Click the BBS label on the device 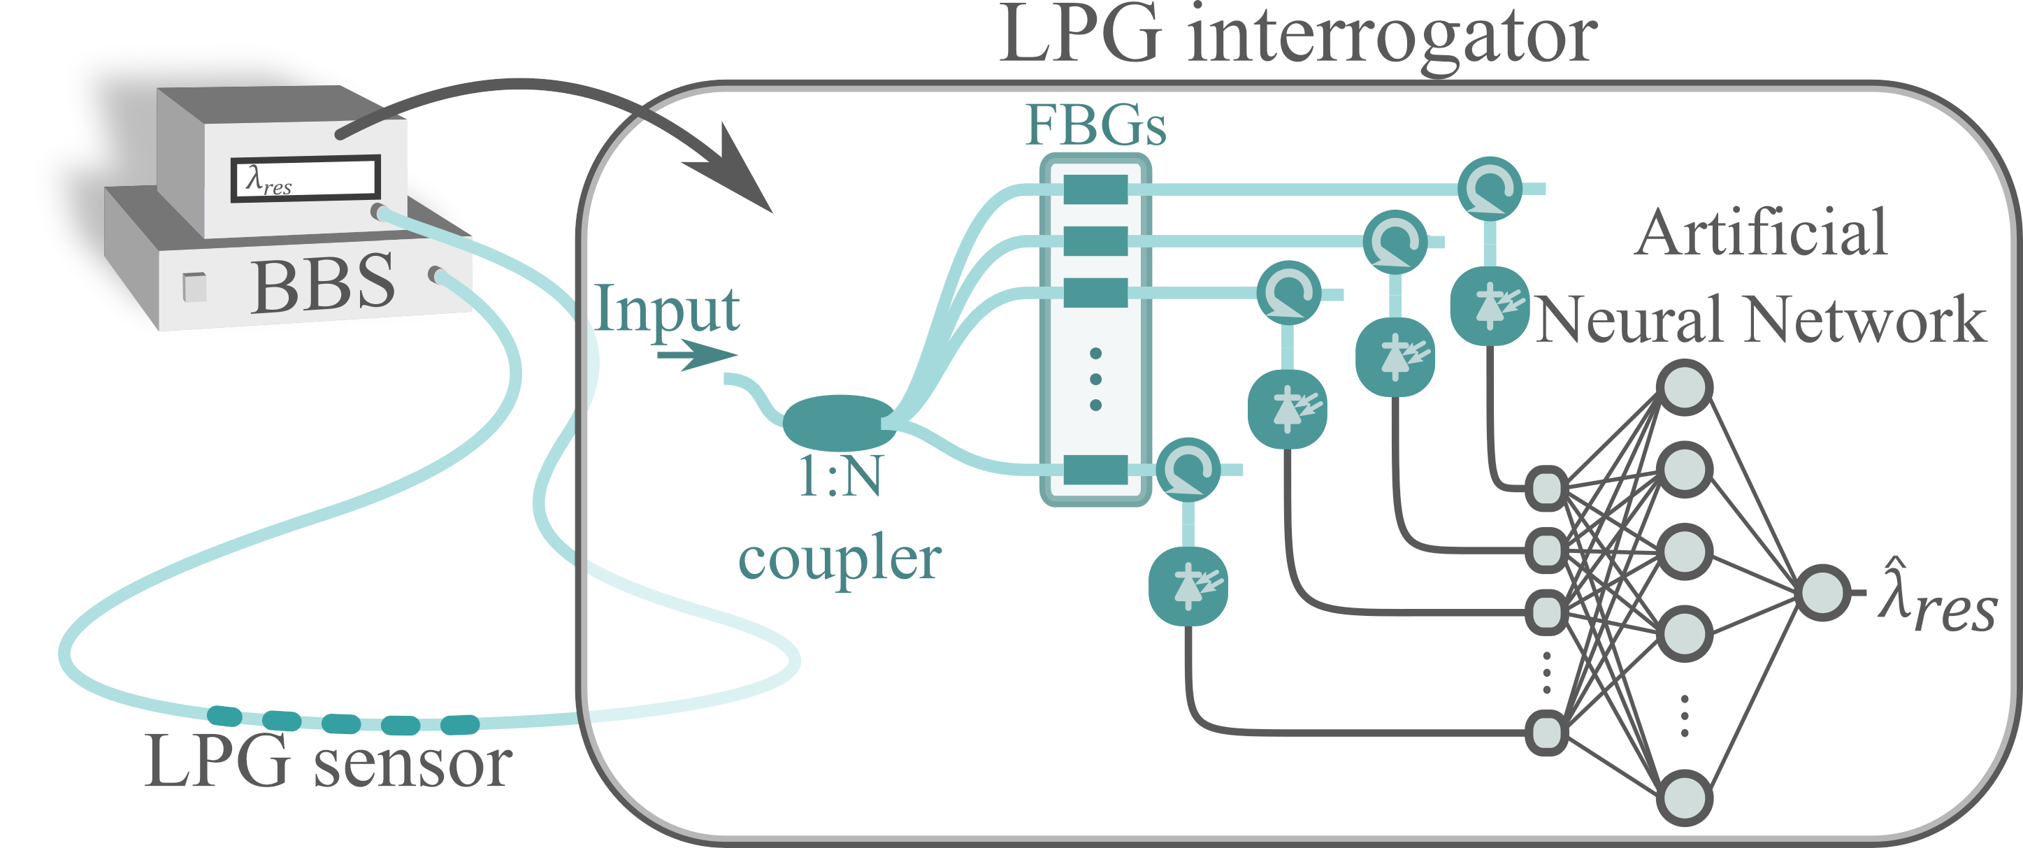[323, 285]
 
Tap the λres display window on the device [305, 178]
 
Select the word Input [667, 308]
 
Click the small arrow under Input [696, 355]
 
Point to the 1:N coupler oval [839, 422]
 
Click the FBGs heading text [1095, 126]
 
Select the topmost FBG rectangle [1095, 189]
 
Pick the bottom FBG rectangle [1095, 470]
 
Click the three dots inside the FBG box [1095, 379]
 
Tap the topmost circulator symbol [1489, 189]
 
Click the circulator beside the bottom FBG [1188, 470]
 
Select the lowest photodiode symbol [1188, 587]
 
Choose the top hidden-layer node [1685, 387]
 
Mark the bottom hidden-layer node [1685, 798]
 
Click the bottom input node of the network [1546, 733]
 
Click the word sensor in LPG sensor [413, 763]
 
